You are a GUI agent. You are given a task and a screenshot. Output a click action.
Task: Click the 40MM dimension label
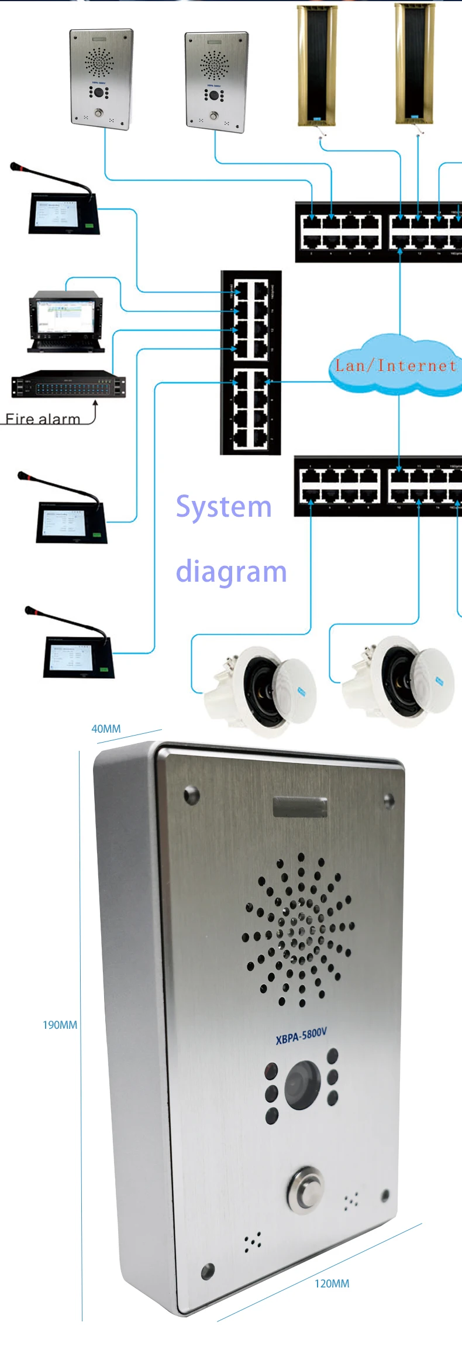click(106, 729)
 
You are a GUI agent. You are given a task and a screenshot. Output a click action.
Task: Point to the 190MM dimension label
click(60, 1025)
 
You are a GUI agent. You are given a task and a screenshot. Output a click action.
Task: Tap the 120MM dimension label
click(332, 1283)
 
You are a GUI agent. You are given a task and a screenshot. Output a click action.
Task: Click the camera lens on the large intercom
click(302, 1086)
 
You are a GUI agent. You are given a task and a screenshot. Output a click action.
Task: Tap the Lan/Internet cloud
click(395, 366)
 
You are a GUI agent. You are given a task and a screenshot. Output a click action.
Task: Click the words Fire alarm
click(43, 418)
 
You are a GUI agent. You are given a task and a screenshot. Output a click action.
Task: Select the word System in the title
click(223, 507)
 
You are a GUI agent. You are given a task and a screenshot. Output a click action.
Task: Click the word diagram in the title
click(231, 572)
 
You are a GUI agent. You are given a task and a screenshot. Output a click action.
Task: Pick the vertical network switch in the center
click(250, 362)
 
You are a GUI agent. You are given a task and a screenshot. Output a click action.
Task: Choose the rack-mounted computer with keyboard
click(65, 321)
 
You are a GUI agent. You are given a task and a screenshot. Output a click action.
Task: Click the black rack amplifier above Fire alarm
click(68, 384)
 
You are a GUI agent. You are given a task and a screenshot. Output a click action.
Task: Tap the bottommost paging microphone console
click(73, 647)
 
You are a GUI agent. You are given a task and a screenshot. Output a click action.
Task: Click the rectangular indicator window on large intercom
click(299, 807)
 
